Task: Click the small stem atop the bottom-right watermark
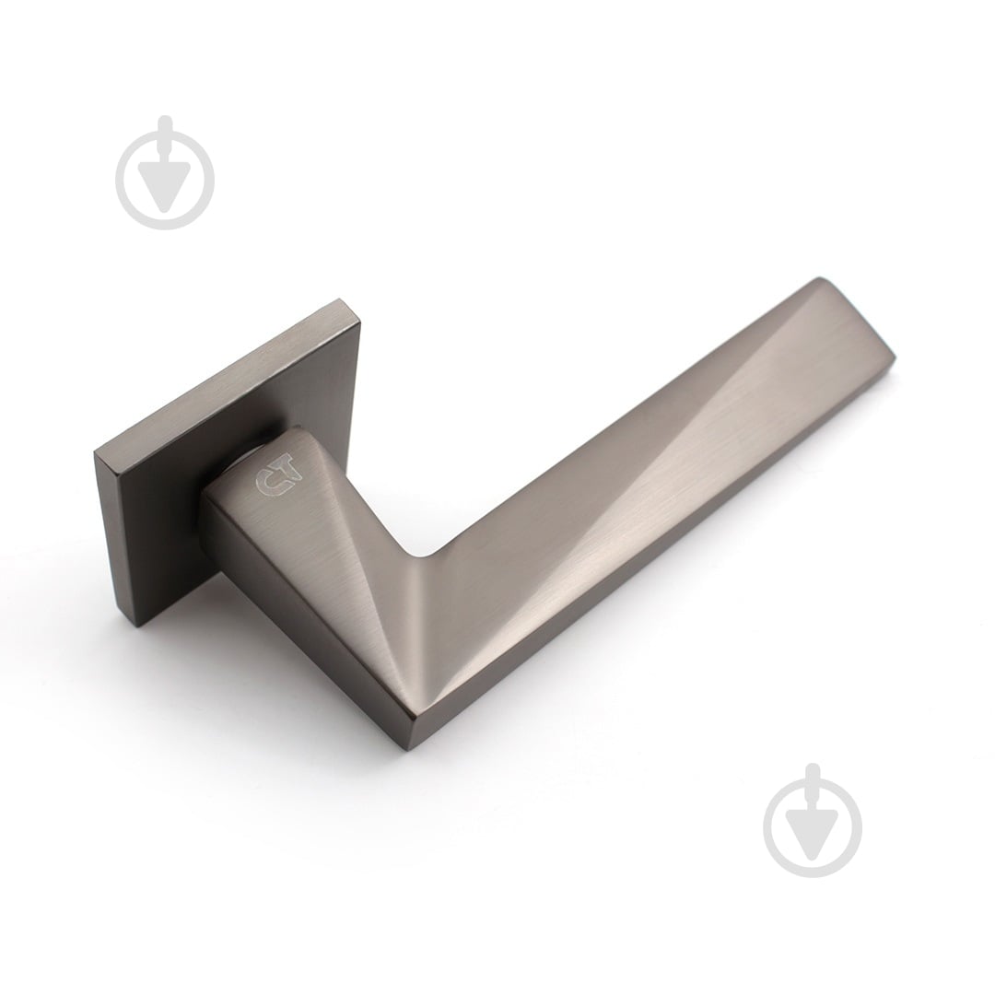pyautogui.click(x=813, y=788)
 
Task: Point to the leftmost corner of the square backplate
pyautogui.click(x=95, y=452)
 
